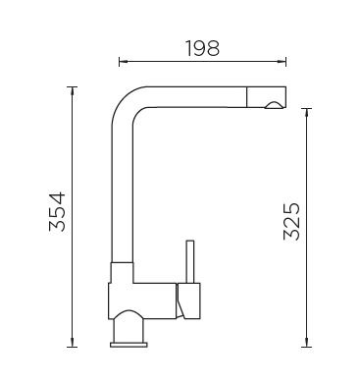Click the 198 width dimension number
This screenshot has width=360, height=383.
(203, 48)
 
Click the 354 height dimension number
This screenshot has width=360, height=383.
(58, 212)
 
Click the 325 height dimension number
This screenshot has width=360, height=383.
(291, 222)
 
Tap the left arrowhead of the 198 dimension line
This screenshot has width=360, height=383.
(123, 61)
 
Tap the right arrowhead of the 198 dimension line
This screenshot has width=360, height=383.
(283, 61)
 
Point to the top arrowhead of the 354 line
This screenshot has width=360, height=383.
(72, 90)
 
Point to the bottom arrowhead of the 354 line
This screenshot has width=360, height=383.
(72, 343)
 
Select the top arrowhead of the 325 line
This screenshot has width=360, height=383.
(306, 112)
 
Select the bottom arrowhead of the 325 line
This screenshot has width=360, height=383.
(306, 343)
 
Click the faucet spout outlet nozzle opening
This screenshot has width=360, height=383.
(274, 105)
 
